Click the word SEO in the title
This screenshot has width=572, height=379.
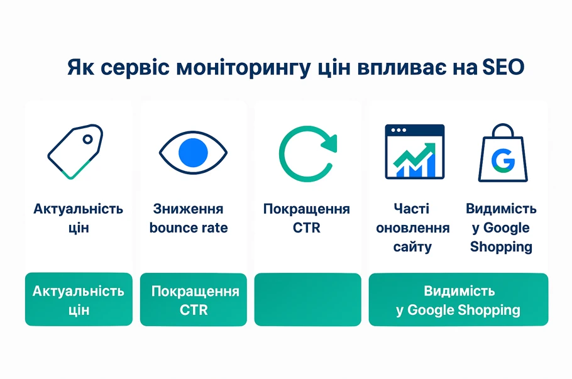(503, 68)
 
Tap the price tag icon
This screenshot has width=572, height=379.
(75, 151)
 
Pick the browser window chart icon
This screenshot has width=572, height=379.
(414, 151)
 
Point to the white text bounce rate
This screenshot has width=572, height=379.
(189, 228)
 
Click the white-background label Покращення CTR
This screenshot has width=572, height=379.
(307, 218)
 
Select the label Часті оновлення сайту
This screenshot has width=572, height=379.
(413, 228)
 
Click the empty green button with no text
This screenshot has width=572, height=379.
(307, 299)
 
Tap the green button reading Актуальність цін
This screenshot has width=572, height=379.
(79, 300)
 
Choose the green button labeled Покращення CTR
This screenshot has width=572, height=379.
(193, 300)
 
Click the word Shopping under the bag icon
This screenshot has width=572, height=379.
(501, 246)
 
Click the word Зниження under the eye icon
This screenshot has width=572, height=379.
(188, 209)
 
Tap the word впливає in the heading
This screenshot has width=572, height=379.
(409, 69)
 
